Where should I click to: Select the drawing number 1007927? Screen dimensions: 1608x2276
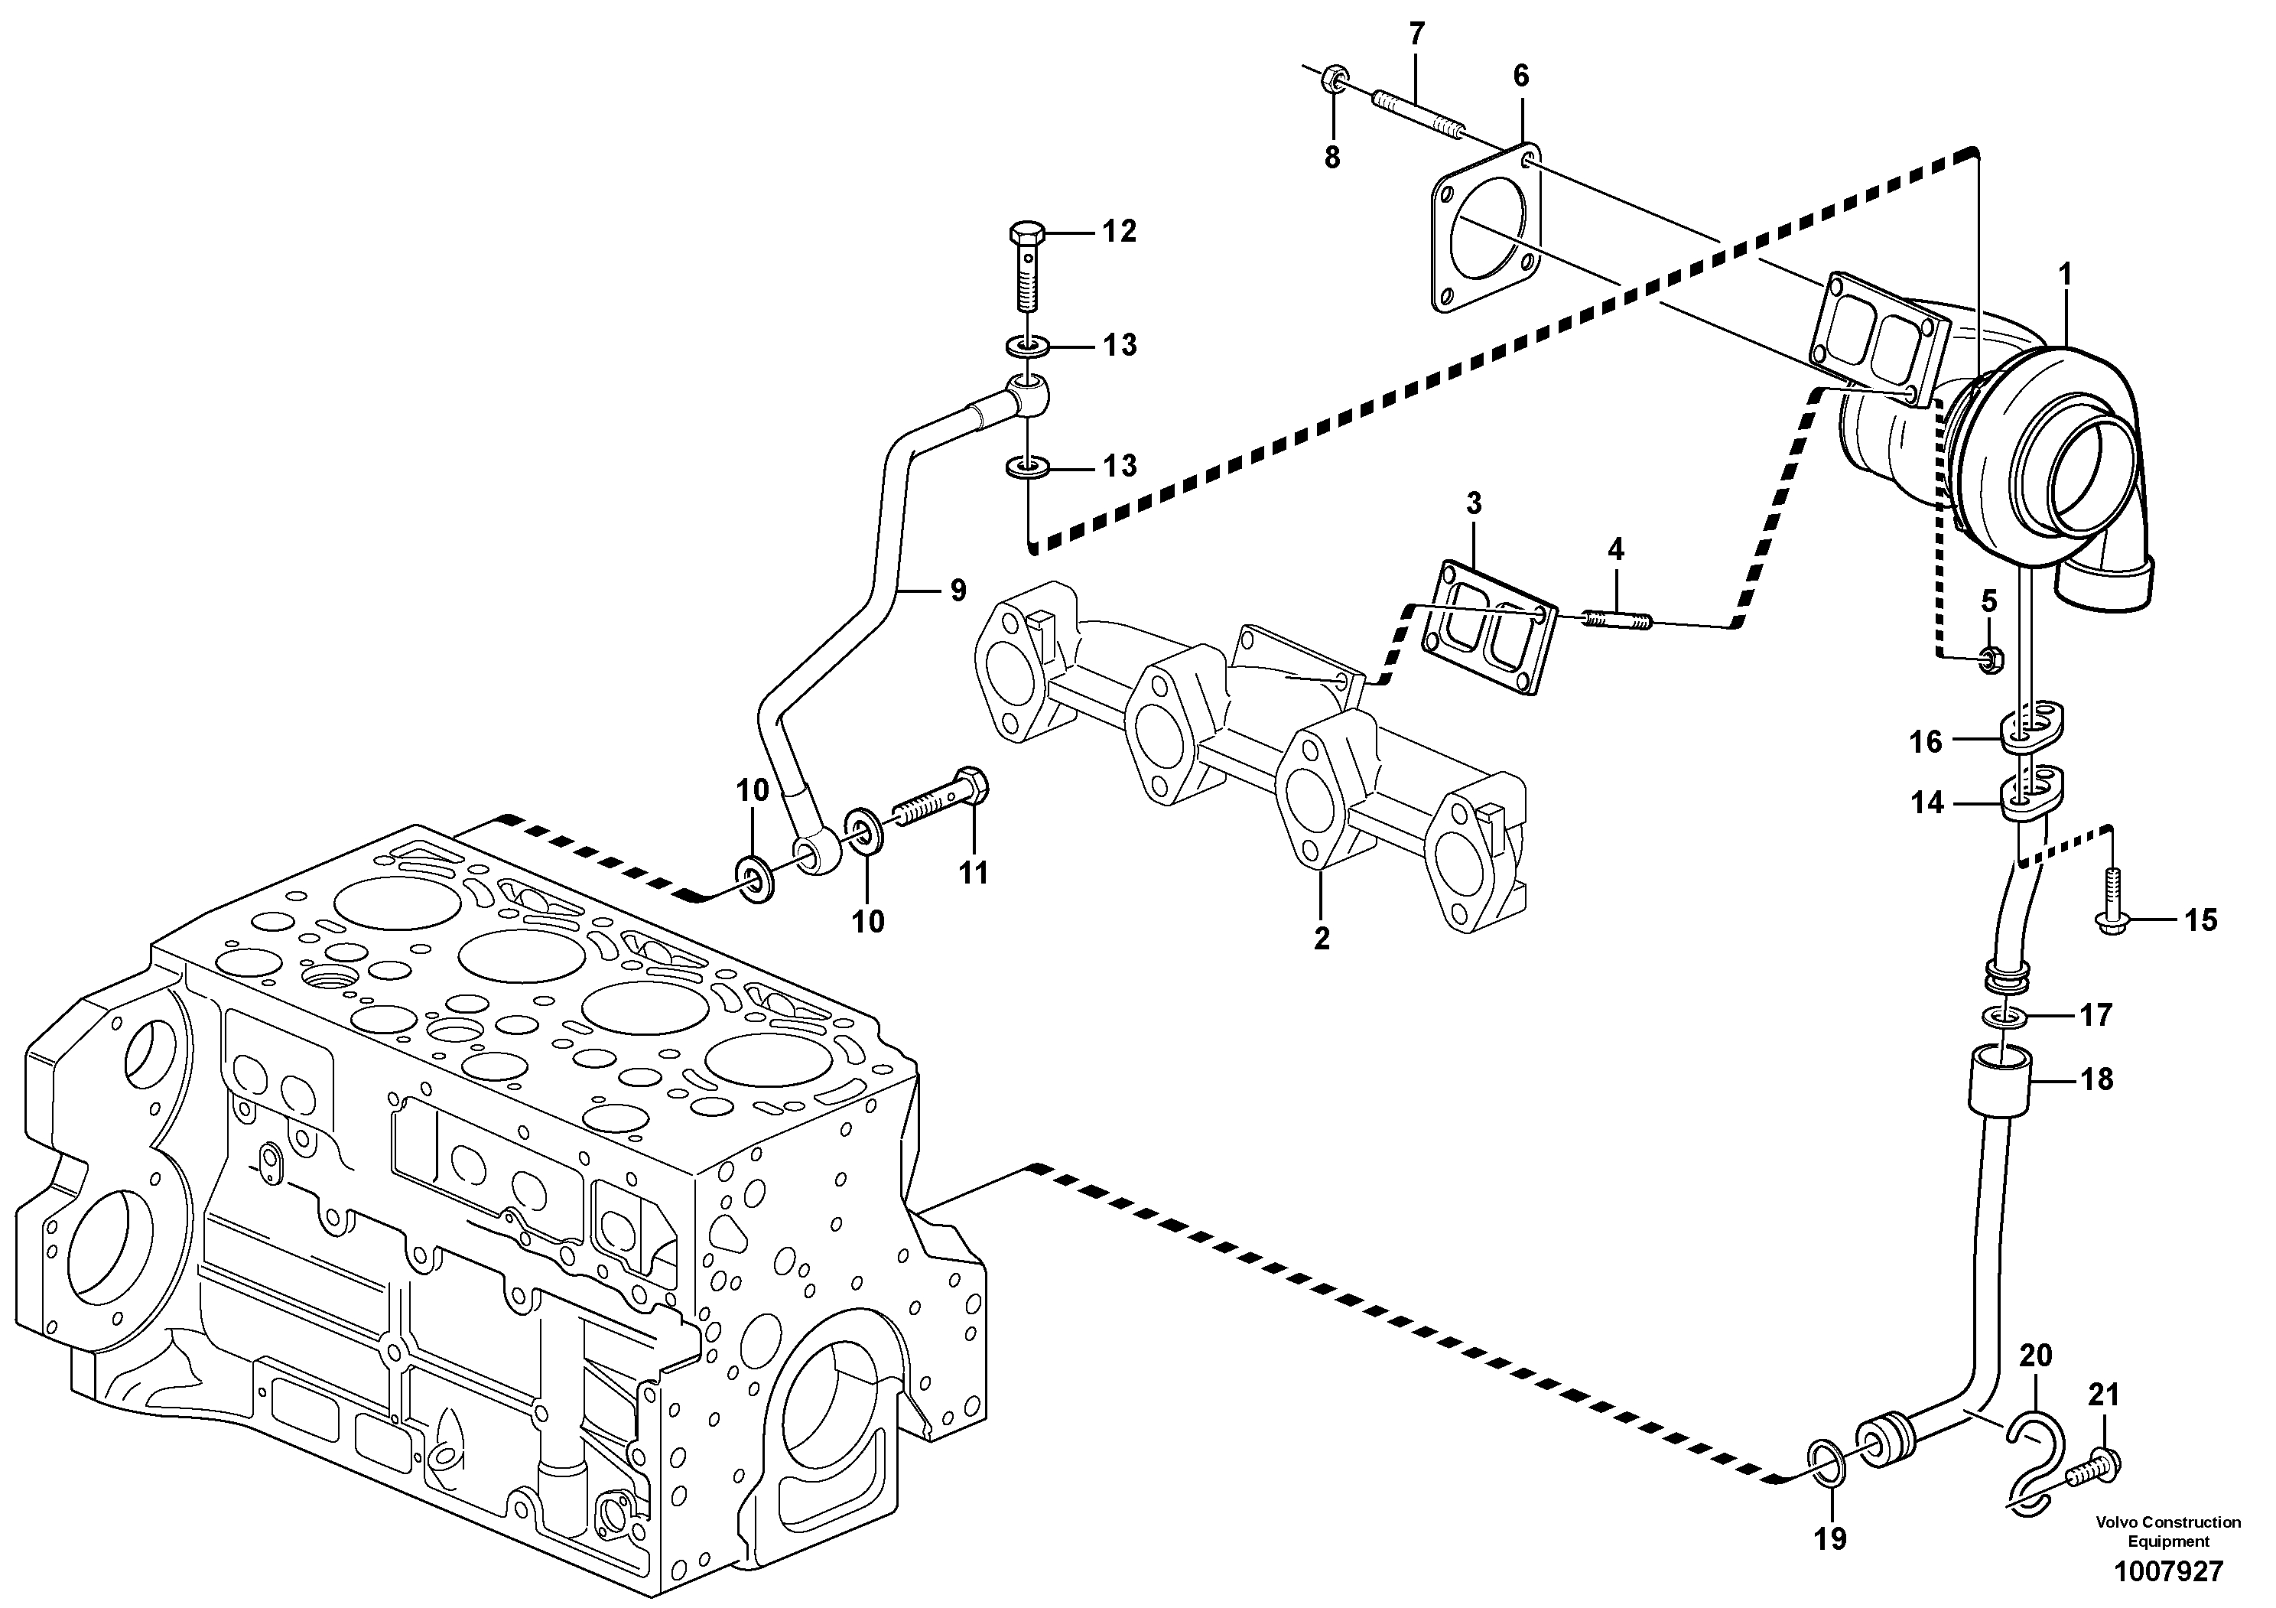coord(2168,1571)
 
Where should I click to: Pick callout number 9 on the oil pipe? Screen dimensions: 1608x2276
coord(957,591)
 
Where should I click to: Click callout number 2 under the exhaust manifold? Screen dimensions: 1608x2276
coord(1322,938)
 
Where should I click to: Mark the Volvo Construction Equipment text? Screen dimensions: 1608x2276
coord(2168,1531)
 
